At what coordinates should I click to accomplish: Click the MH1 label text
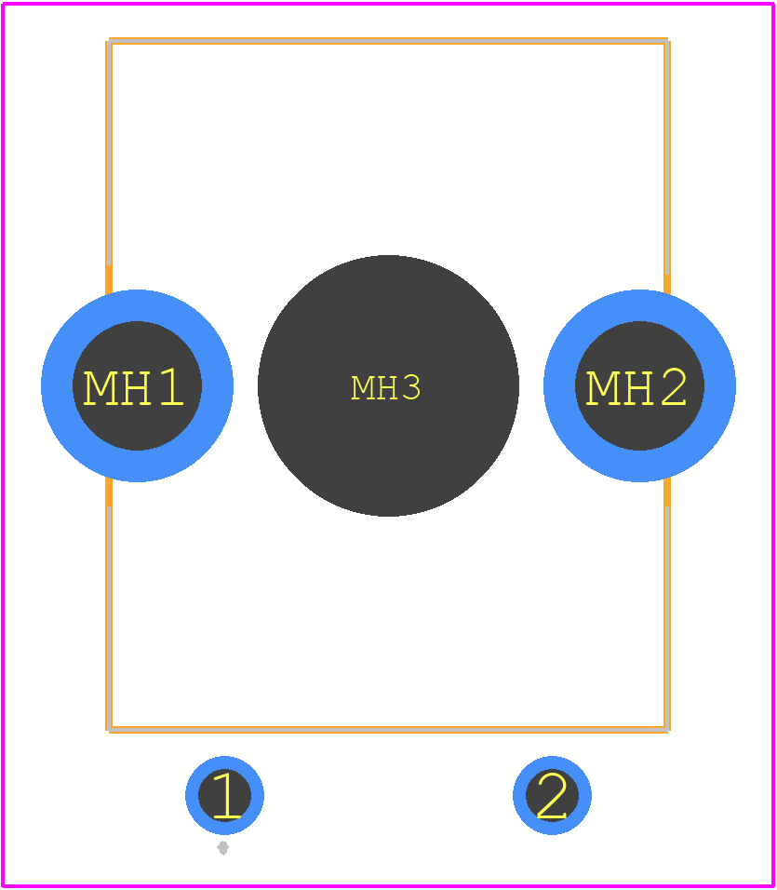click(x=133, y=387)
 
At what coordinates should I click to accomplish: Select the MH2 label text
click(x=636, y=387)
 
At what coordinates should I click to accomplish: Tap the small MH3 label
click(x=385, y=387)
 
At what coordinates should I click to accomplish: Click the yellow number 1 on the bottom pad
click(x=227, y=795)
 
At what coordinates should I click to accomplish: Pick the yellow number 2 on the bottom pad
click(x=552, y=795)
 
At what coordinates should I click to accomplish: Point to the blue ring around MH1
click(x=57, y=386)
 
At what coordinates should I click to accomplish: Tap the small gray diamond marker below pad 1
click(x=223, y=848)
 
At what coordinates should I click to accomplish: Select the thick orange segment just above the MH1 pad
click(x=109, y=280)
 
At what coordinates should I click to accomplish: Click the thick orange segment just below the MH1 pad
click(x=109, y=492)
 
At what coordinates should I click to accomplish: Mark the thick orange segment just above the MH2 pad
click(x=667, y=284)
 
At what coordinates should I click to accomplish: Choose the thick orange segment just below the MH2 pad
click(x=667, y=492)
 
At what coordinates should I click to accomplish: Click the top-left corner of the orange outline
click(x=109, y=41)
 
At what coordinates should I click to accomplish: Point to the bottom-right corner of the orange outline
click(x=667, y=729)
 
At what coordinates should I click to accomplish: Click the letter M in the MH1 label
click(x=100, y=387)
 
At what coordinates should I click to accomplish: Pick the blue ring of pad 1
click(x=191, y=795)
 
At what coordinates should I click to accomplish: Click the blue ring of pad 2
click(x=519, y=795)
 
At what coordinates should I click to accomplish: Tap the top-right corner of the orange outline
click(x=667, y=41)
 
